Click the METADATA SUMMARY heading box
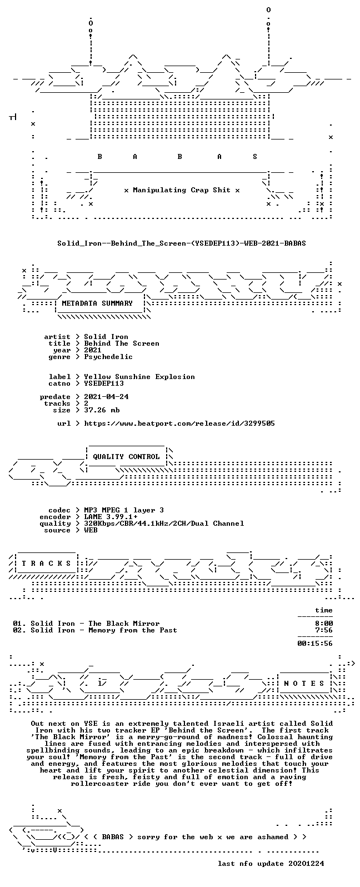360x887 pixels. coord(97,303)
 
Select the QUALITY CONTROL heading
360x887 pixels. coord(126,457)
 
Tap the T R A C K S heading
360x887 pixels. coord(46,563)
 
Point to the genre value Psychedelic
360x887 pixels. coord(108,357)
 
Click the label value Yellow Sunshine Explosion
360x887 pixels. coord(139,377)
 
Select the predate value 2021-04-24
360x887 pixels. coord(106,396)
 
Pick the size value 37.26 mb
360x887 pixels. coord(102,410)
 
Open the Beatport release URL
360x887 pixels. coord(179,423)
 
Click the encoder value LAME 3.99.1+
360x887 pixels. coord(111,517)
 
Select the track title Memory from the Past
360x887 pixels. coord(133,630)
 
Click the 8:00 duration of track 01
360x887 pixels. coord(324,623)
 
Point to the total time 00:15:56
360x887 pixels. coord(315,644)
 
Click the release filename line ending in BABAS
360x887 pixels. coord(181,243)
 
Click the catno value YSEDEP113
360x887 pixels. coord(104,383)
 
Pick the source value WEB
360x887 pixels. coord(91,530)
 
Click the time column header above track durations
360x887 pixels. coord(324,610)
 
